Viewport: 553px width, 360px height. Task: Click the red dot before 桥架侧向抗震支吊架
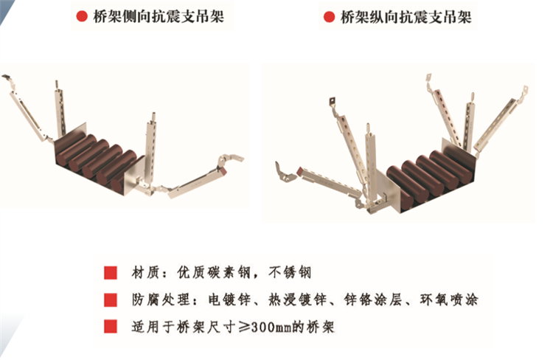tap(82, 16)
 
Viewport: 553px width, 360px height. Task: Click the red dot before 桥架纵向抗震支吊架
tap(329, 16)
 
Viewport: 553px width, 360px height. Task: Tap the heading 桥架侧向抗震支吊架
tap(159, 16)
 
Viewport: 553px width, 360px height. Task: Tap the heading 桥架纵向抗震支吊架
tap(406, 16)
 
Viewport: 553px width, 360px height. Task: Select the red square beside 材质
tap(111, 273)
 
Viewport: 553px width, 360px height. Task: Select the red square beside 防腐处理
tap(111, 300)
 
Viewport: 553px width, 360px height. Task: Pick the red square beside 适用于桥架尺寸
tap(111, 327)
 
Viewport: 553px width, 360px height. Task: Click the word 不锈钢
tap(290, 272)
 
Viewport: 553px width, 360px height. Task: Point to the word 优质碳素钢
tap(214, 272)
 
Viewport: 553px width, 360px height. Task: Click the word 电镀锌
tap(229, 300)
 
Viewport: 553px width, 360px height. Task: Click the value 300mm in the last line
tap(271, 328)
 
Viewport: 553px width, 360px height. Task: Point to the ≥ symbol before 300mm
tap(244, 328)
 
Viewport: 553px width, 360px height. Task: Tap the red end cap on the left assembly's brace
tap(223, 171)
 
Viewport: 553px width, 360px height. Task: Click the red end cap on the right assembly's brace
tap(301, 172)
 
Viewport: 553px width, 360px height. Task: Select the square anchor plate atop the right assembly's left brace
tap(333, 102)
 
